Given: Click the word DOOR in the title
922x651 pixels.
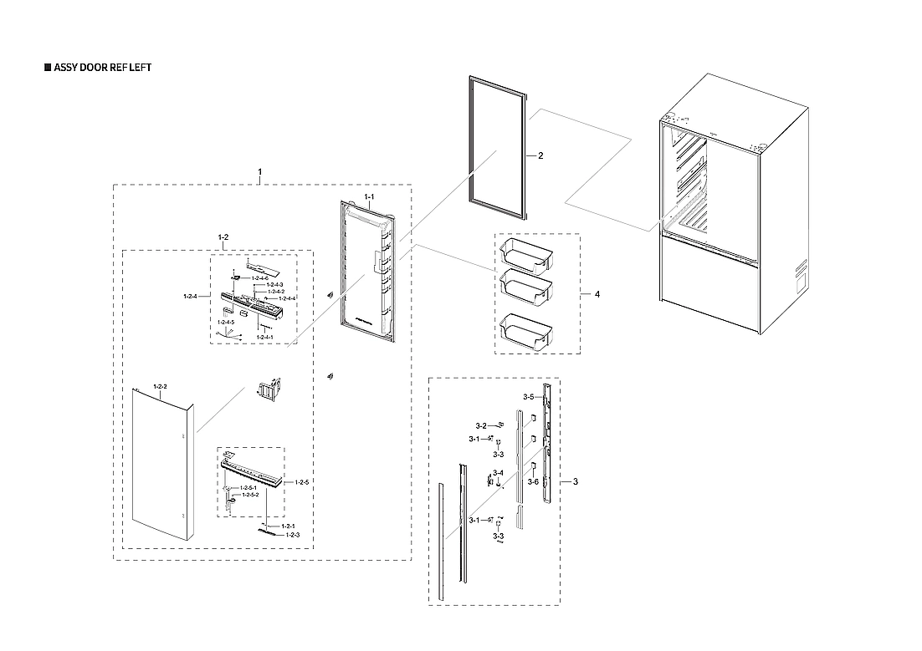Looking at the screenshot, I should click(x=94, y=67).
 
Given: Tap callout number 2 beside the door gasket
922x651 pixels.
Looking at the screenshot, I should click(x=540, y=156).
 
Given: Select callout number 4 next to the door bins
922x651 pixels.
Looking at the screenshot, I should click(x=597, y=294).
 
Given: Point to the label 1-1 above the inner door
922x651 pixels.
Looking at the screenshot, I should click(x=368, y=196).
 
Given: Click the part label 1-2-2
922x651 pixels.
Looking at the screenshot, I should click(x=160, y=386).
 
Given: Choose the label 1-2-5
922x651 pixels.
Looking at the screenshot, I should click(x=302, y=483).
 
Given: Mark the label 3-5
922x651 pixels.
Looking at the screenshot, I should click(x=529, y=396).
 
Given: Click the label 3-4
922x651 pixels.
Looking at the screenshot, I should click(x=498, y=473).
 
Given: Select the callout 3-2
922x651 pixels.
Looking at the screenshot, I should click(x=481, y=425).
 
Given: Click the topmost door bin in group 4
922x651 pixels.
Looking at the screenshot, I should click(x=525, y=255).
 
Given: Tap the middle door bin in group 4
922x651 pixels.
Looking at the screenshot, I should click(x=525, y=287).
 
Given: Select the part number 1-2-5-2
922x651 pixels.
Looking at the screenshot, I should click(x=250, y=496).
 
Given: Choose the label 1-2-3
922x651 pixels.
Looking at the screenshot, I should click(x=293, y=534).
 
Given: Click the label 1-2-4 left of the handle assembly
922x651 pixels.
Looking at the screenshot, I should click(x=190, y=296).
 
